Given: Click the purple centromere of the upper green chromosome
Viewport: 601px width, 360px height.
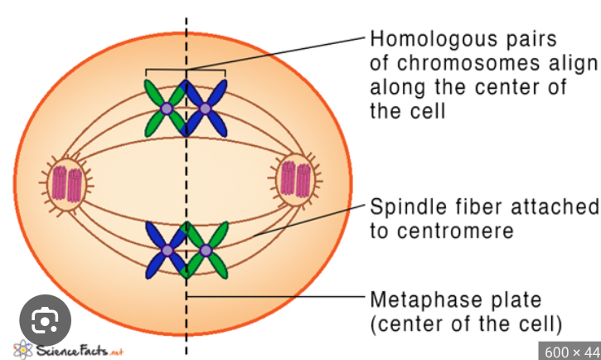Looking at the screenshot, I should click(167, 109).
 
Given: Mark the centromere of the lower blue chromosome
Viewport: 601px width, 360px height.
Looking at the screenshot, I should click(168, 249).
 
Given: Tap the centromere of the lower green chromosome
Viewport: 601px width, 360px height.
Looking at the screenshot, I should click(205, 249).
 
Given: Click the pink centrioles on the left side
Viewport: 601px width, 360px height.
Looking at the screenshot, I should click(65, 182).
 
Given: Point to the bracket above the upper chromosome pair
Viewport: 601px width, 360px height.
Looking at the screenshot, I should click(186, 71).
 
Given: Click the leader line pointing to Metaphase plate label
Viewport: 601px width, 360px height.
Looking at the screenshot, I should click(274, 296).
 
